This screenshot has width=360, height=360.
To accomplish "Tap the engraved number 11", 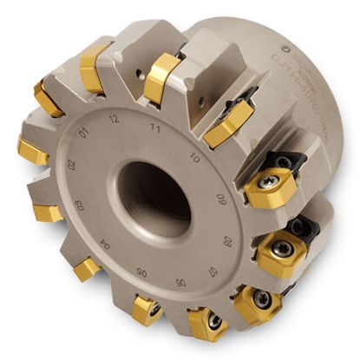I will click(156, 126).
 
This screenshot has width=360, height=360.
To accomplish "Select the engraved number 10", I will click(194, 160).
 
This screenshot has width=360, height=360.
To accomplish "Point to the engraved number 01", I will click(83, 133).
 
